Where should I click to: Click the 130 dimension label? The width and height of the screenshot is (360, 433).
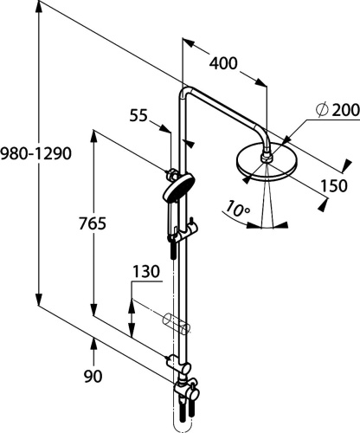pos(146,272)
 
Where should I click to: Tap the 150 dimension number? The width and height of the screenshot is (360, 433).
pos(332,184)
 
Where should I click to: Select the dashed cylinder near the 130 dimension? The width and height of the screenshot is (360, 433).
pos(177,325)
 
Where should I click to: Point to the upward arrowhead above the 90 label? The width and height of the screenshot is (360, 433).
pos(94,345)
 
